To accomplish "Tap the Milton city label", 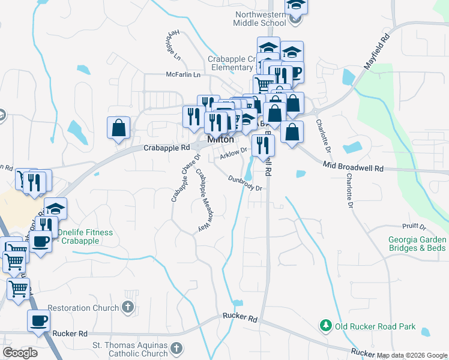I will tap(220, 139).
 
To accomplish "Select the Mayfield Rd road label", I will tap(377, 53).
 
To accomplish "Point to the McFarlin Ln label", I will tap(183, 75).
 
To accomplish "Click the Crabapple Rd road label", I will tap(166, 147).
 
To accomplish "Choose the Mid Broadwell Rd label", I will tap(352, 166).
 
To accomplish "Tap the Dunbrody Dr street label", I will tap(245, 184).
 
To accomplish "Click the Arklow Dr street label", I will tap(234, 154).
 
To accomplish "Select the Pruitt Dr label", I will tap(414, 227).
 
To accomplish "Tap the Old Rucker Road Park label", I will tap(375, 327).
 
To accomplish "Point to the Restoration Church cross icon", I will tap(127, 308).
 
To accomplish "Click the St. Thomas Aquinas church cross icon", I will tap(176, 347).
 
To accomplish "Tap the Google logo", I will tap(20, 353).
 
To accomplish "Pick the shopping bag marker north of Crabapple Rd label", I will tap(119, 127).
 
